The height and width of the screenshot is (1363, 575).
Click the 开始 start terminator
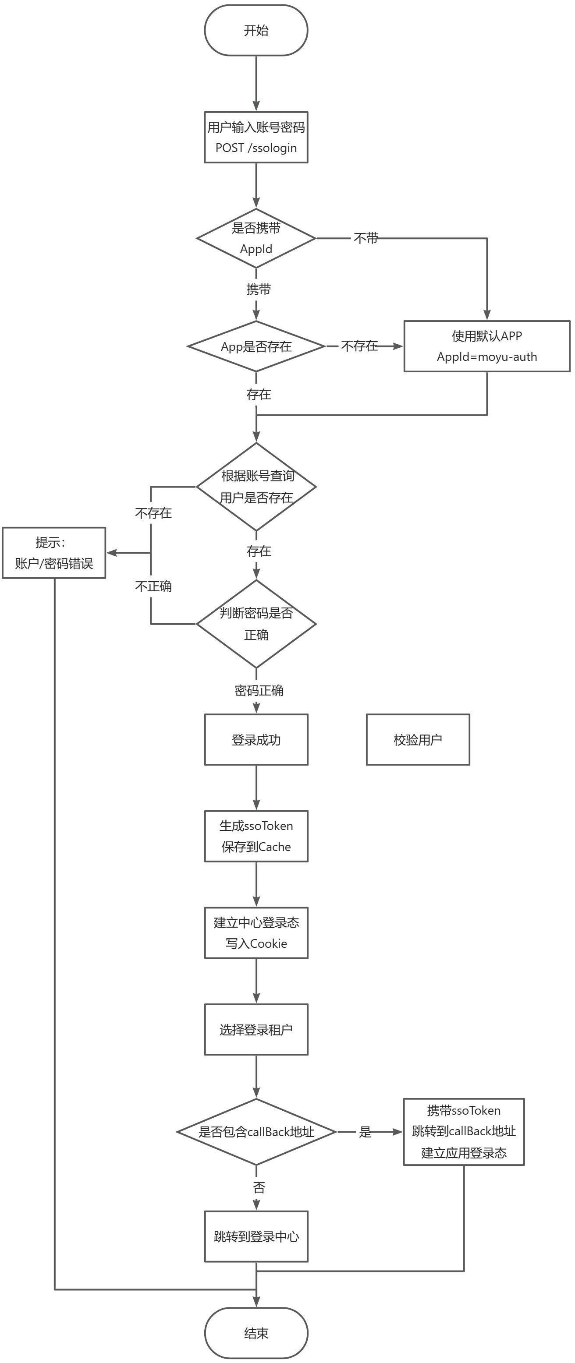tap(256, 30)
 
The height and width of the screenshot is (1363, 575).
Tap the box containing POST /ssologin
tap(256, 137)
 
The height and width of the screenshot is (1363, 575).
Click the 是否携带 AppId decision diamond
tap(256, 238)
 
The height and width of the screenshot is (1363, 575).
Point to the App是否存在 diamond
tap(256, 346)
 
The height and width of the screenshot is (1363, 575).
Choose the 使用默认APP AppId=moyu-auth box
tap(486, 346)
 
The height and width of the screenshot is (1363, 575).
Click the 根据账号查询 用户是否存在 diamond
tap(256, 486)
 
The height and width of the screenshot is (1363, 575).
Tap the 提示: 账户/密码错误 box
tap(54, 552)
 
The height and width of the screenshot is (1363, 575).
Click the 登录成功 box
tap(256, 739)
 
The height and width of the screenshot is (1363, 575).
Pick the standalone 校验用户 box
tap(418, 739)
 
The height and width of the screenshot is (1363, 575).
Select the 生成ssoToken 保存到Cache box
tap(256, 836)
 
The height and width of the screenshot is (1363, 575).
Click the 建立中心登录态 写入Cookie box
tap(256, 933)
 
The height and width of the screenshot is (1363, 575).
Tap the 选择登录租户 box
tap(256, 1029)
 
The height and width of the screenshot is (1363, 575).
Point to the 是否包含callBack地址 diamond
tap(256, 1132)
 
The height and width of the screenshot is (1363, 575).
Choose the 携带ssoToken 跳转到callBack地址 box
tap(464, 1131)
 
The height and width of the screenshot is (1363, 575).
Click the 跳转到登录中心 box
tap(256, 1236)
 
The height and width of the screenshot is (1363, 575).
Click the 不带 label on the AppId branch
tap(366, 239)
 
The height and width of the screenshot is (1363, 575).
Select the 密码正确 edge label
tap(259, 691)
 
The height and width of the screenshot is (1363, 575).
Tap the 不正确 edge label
tap(153, 586)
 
